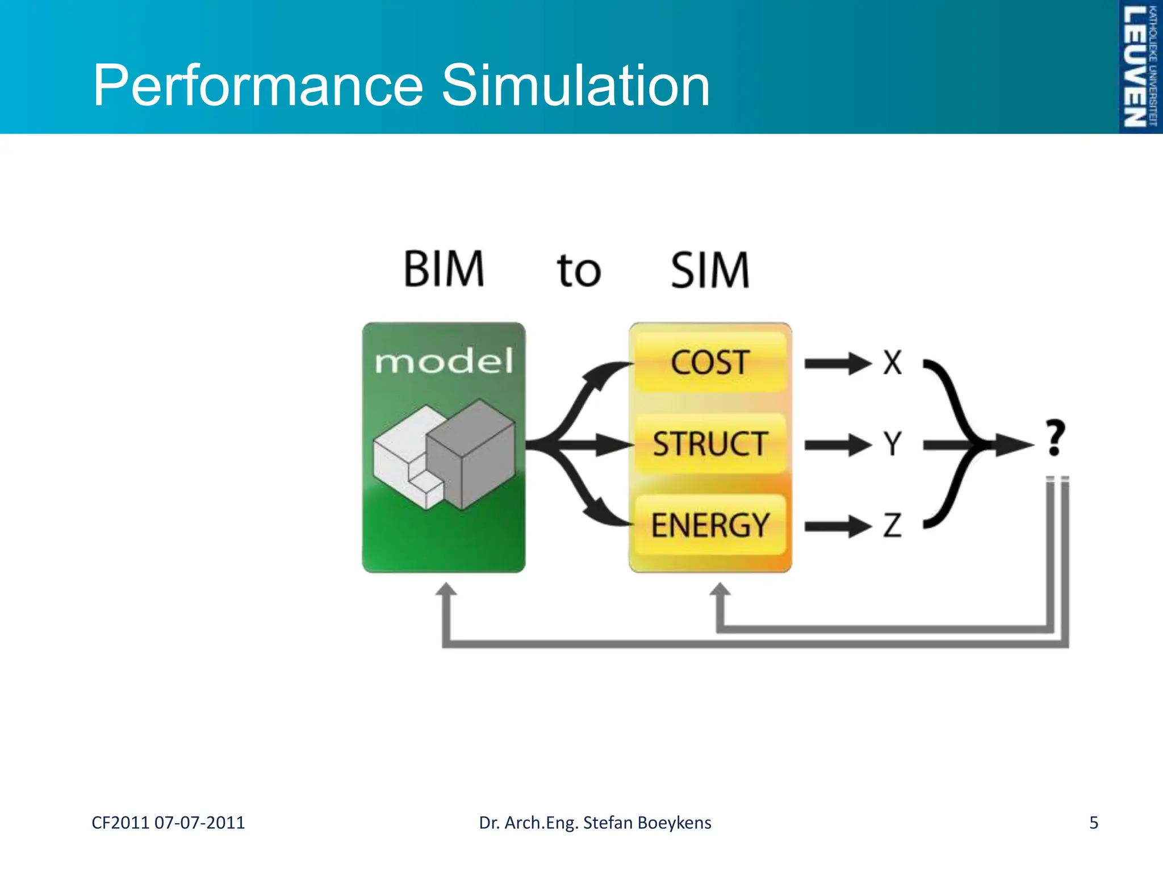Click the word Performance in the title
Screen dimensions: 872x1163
pos(258,86)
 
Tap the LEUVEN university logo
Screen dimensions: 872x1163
pos(1139,66)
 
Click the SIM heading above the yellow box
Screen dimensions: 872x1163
pos(710,270)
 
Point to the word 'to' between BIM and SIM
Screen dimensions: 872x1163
pos(578,270)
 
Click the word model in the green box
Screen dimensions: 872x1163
pos(444,362)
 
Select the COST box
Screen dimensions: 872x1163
pos(710,362)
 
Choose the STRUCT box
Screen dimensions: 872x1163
pos(710,444)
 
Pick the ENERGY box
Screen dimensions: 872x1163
pos(710,525)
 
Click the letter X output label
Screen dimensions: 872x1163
pos(892,362)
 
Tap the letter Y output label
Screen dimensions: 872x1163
pos(892,443)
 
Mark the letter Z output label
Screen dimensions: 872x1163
pos(892,525)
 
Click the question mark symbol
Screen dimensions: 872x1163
pos(1055,438)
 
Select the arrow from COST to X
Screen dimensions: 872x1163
pos(837,363)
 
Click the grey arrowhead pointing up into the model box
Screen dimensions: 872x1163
pos(446,590)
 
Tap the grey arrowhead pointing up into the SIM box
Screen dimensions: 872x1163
pos(720,590)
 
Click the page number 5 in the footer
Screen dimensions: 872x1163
pos(1093,823)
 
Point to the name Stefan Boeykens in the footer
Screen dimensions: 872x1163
pos(647,823)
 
